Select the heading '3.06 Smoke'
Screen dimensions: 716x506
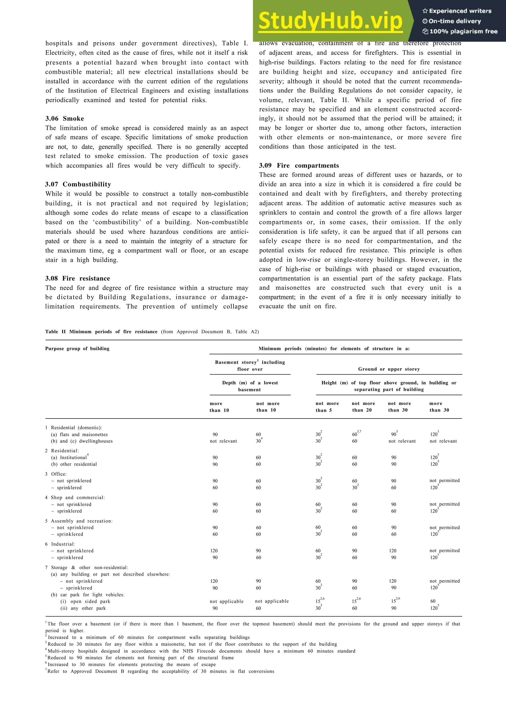click(64, 119)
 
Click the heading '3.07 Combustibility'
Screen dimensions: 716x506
click(78, 184)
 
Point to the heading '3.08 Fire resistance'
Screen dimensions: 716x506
click(77, 278)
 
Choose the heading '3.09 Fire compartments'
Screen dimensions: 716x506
click(299, 166)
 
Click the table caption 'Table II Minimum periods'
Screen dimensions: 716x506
click(101, 332)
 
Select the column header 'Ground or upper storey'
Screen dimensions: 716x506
click(389, 369)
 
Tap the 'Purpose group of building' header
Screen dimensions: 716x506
click(77, 349)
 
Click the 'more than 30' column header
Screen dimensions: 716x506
click(439, 407)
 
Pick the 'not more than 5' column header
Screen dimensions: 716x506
click(327, 407)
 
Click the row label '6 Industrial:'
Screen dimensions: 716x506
click(60, 544)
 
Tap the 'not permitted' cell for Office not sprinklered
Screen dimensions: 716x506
click(444, 481)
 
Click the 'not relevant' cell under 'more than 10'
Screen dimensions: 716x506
click(223, 441)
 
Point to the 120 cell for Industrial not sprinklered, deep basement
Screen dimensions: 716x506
click(214, 551)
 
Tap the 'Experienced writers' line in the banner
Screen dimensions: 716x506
click(457, 11)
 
